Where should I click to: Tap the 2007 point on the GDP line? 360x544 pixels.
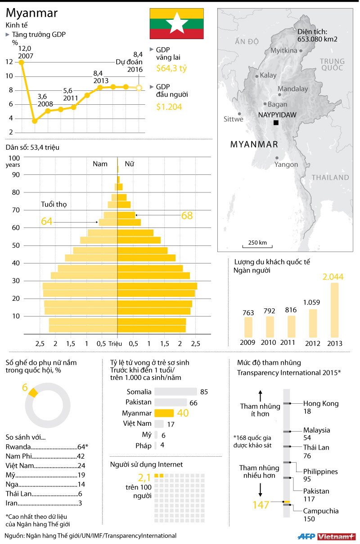(21, 62)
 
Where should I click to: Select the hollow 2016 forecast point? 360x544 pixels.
(139, 88)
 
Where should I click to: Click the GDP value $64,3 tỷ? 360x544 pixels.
(171, 68)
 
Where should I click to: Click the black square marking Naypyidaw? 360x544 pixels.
(275, 123)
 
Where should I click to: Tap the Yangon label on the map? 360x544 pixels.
(287, 164)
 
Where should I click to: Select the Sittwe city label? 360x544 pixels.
(233, 119)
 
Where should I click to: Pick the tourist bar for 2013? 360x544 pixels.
(334, 310)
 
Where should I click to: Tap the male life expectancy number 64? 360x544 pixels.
(47, 221)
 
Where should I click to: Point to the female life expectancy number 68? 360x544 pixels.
(187, 216)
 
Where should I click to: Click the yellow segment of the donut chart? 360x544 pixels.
(33, 392)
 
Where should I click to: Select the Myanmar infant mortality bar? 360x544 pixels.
(164, 413)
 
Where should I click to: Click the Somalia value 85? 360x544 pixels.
(204, 392)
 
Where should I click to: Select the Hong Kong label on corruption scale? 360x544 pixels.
(320, 403)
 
